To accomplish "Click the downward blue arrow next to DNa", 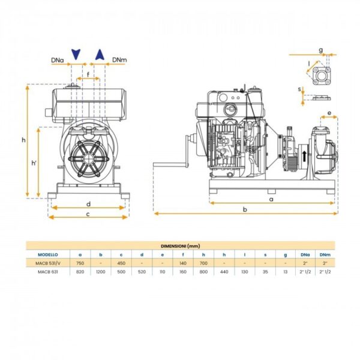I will [76, 55].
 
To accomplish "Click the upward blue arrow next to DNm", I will [101, 55].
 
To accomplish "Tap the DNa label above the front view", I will [58, 60].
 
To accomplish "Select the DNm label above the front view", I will [119, 60].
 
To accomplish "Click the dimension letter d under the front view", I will [88, 203].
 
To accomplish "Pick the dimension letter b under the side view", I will [244, 209].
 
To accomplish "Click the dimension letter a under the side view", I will [271, 198].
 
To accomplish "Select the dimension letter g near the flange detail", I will [320, 50].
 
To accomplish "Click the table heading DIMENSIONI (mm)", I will [180, 246].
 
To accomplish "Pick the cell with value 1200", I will [100, 271].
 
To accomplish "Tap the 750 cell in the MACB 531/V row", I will [80, 263].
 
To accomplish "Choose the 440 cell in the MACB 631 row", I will [224, 271].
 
